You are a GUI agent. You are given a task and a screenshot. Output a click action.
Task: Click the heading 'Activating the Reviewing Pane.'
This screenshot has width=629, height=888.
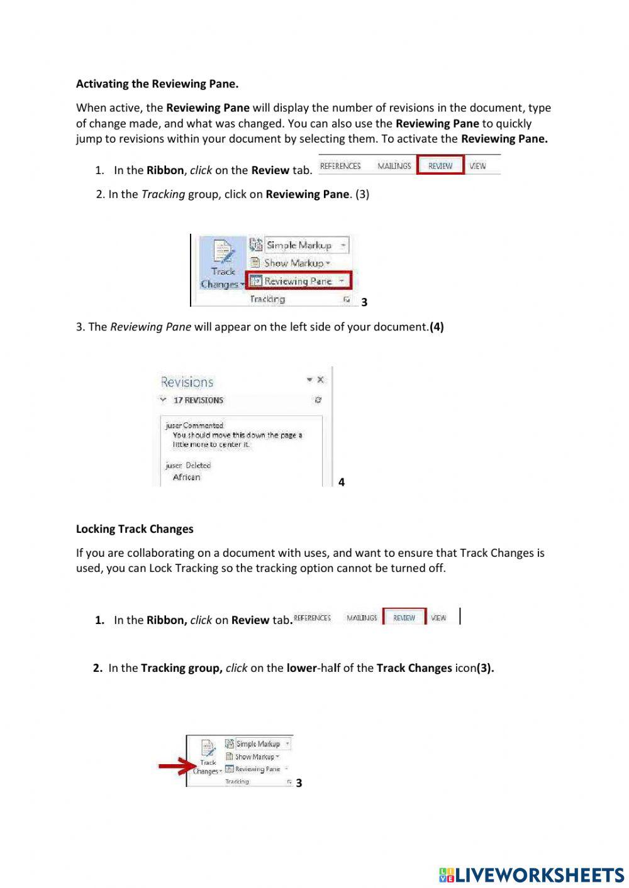(157, 84)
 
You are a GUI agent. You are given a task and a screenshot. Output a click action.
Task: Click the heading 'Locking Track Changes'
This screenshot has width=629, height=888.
(135, 529)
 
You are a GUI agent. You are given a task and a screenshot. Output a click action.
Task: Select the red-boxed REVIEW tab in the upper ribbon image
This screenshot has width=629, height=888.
(440, 166)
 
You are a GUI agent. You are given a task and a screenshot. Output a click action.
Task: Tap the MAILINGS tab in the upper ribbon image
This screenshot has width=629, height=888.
(394, 166)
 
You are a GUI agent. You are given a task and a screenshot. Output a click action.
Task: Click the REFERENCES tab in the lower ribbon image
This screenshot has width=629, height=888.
(313, 618)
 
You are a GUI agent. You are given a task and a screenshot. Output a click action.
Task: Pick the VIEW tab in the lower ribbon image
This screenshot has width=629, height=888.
(438, 618)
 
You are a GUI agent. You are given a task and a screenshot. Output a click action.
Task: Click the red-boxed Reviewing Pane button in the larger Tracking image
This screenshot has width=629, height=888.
(298, 281)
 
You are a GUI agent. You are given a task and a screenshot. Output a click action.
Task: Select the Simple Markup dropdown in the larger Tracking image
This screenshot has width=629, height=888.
(299, 245)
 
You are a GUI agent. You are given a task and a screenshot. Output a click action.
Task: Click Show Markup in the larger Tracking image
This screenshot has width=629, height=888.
(294, 263)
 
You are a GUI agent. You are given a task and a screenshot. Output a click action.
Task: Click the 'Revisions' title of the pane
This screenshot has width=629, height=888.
(187, 382)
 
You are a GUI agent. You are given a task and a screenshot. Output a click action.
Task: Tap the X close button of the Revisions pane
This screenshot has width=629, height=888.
(321, 380)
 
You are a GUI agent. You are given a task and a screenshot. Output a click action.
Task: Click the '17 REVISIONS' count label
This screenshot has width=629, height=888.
(198, 400)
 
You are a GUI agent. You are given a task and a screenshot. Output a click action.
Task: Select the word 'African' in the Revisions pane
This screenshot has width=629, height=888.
(186, 477)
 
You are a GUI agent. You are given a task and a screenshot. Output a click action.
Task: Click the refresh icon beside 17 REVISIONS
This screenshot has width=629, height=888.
(318, 400)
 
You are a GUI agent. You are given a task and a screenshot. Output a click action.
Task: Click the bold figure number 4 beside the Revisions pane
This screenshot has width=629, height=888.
(342, 482)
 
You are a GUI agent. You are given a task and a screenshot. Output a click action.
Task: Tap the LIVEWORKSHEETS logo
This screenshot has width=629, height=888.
(532, 875)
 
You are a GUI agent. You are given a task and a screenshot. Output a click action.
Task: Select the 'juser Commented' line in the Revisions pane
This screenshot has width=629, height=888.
(194, 425)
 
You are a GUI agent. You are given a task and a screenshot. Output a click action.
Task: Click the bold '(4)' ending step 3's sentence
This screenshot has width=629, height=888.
(437, 327)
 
